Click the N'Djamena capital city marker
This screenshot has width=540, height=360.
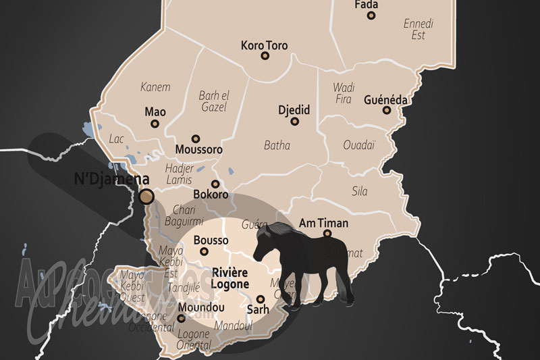(x=146, y=197)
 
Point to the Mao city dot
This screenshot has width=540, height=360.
(x=155, y=124)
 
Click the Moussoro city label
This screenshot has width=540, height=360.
(x=198, y=149)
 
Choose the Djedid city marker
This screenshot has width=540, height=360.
(x=292, y=122)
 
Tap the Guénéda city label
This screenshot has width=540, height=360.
(x=385, y=99)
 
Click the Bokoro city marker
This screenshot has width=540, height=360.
(x=215, y=184)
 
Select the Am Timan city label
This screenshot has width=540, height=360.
(x=324, y=223)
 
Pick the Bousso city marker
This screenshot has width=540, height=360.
(x=204, y=252)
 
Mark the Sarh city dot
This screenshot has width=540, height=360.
(x=260, y=299)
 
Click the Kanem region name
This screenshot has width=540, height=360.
(x=155, y=86)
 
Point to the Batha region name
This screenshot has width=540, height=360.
(x=277, y=145)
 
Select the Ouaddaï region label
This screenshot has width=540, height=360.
(x=358, y=145)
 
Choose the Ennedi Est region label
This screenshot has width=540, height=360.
(x=418, y=29)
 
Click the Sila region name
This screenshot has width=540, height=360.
(x=360, y=191)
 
